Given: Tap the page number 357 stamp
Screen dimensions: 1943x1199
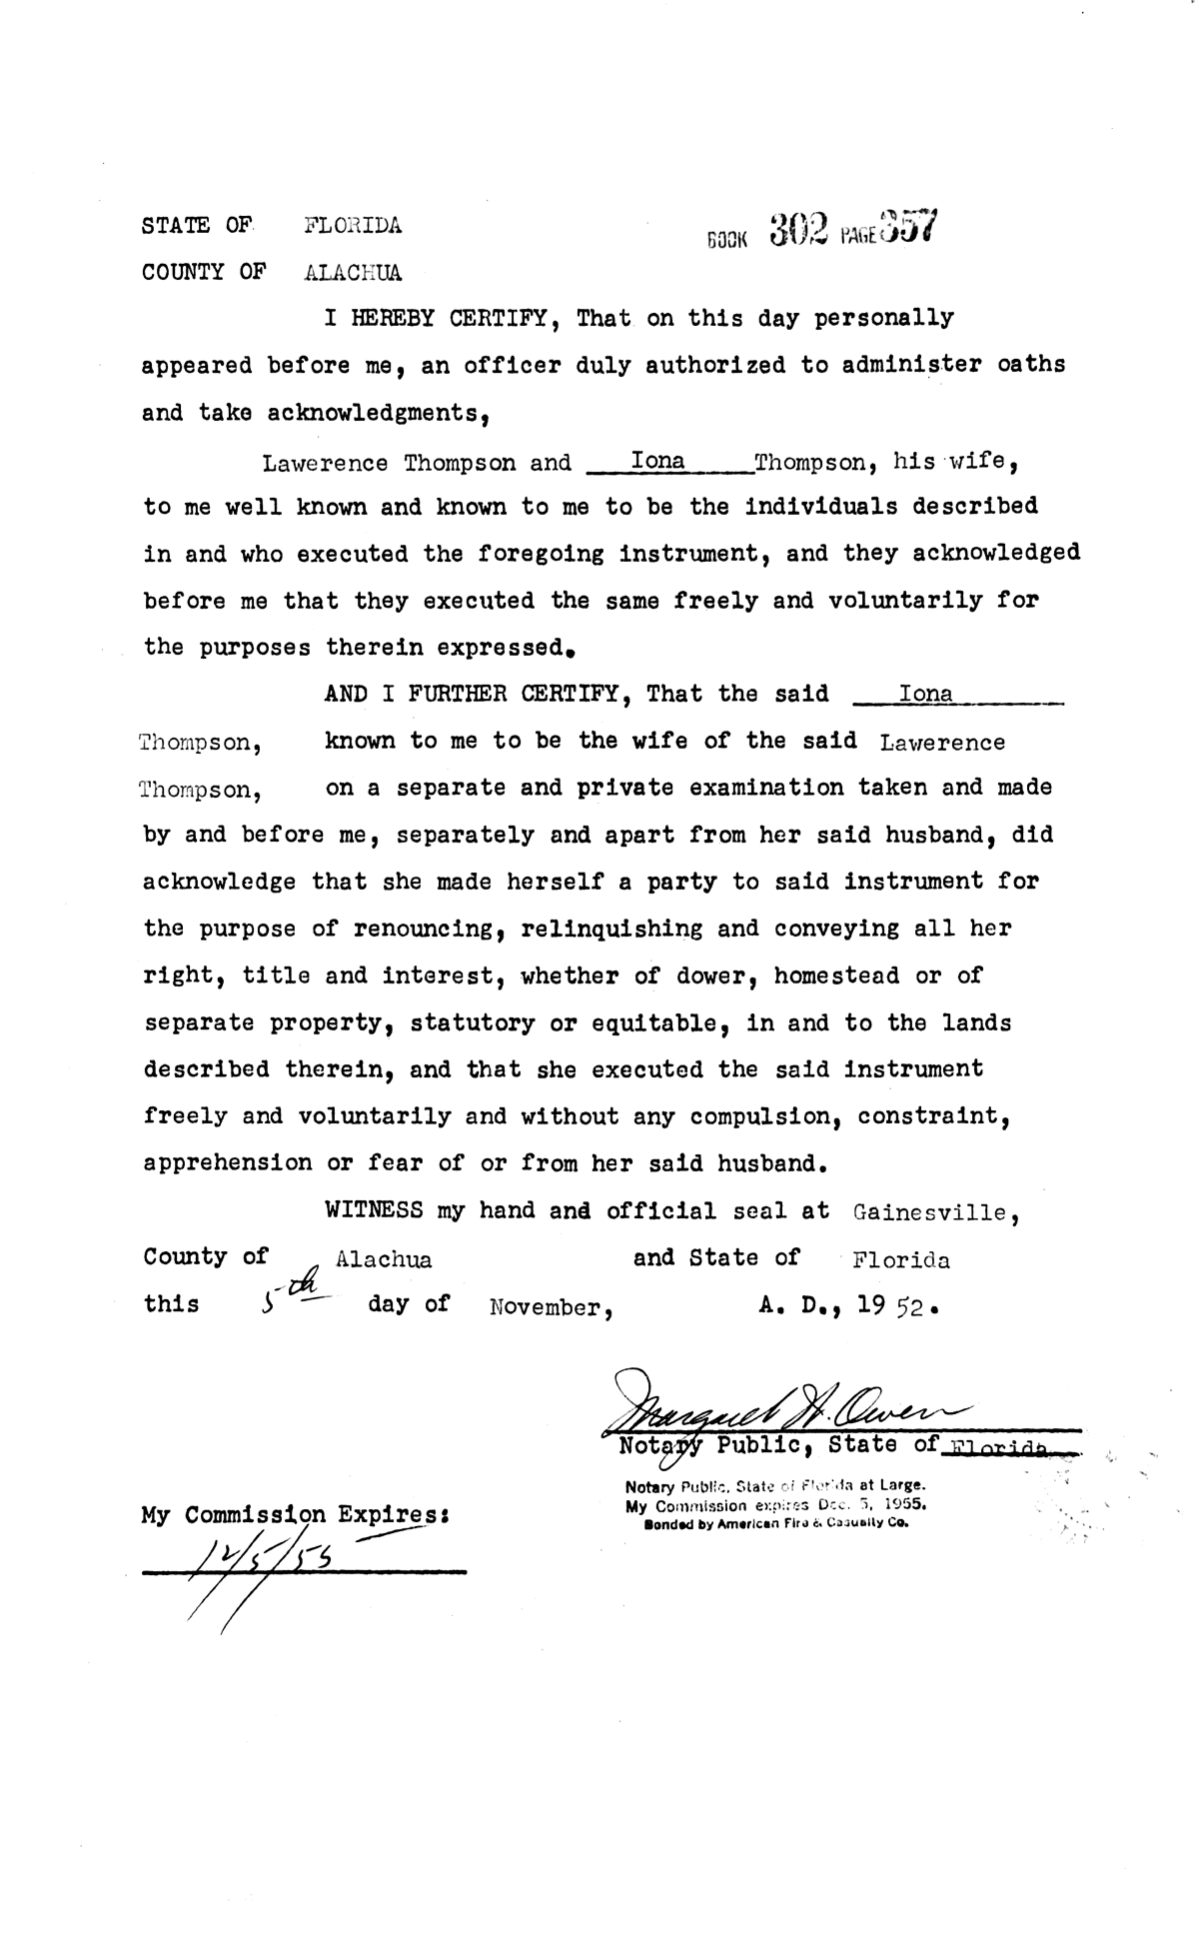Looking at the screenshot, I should pyautogui.click(x=908, y=228).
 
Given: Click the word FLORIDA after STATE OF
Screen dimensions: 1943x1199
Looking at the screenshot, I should pyautogui.click(x=353, y=226).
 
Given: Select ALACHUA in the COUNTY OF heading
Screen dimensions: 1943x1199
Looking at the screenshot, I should pyautogui.click(x=353, y=273).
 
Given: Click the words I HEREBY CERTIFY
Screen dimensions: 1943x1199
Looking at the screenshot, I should pyautogui.click(x=436, y=319).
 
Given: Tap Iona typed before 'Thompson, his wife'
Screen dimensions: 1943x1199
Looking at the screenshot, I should pyautogui.click(x=659, y=461).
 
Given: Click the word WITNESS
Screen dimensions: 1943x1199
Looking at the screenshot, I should pyautogui.click(x=374, y=1210).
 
